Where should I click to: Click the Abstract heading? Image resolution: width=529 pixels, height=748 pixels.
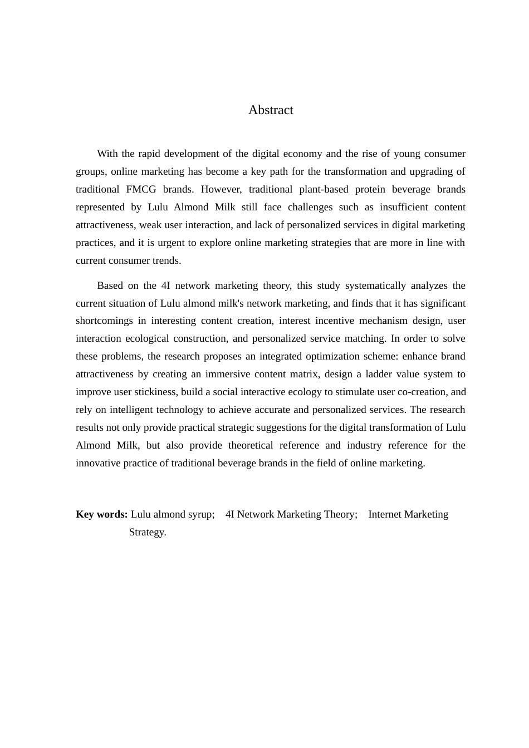pyautogui.click(x=271, y=110)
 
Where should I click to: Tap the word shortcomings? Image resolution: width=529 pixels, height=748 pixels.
pyautogui.click(x=104, y=321)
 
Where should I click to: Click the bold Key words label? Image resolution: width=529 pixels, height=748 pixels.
pyautogui.click(x=102, y=514)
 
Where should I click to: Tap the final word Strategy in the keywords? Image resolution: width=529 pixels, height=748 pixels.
pyautogui.click(x=148, y=532)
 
